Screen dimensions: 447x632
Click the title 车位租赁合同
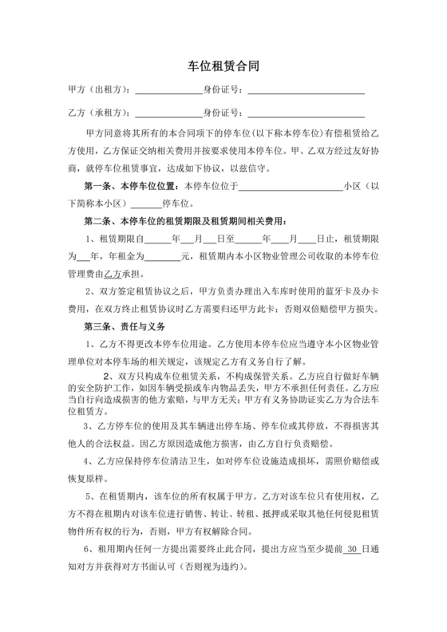(223, 69)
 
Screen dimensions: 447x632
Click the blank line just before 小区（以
(291, 186)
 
